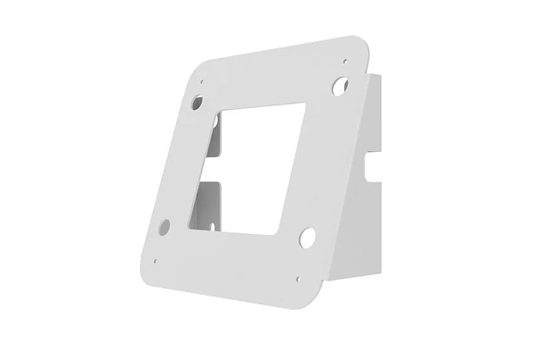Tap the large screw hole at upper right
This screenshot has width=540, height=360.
[x=341, y=83]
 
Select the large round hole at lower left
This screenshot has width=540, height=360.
[x=164, y=226]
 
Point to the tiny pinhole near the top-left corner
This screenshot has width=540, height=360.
[x=202, y=82]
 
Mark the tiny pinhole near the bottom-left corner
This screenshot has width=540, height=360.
[x=156, y=261]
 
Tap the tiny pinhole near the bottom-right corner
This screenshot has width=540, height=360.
[x=297, y=280]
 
